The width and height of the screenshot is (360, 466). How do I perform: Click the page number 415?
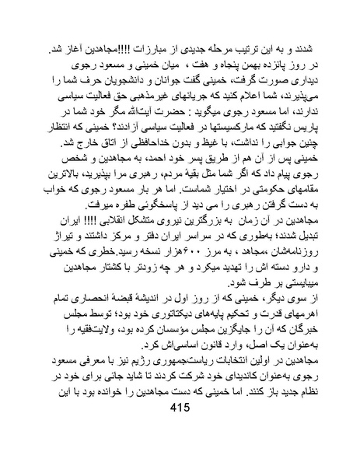180,429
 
